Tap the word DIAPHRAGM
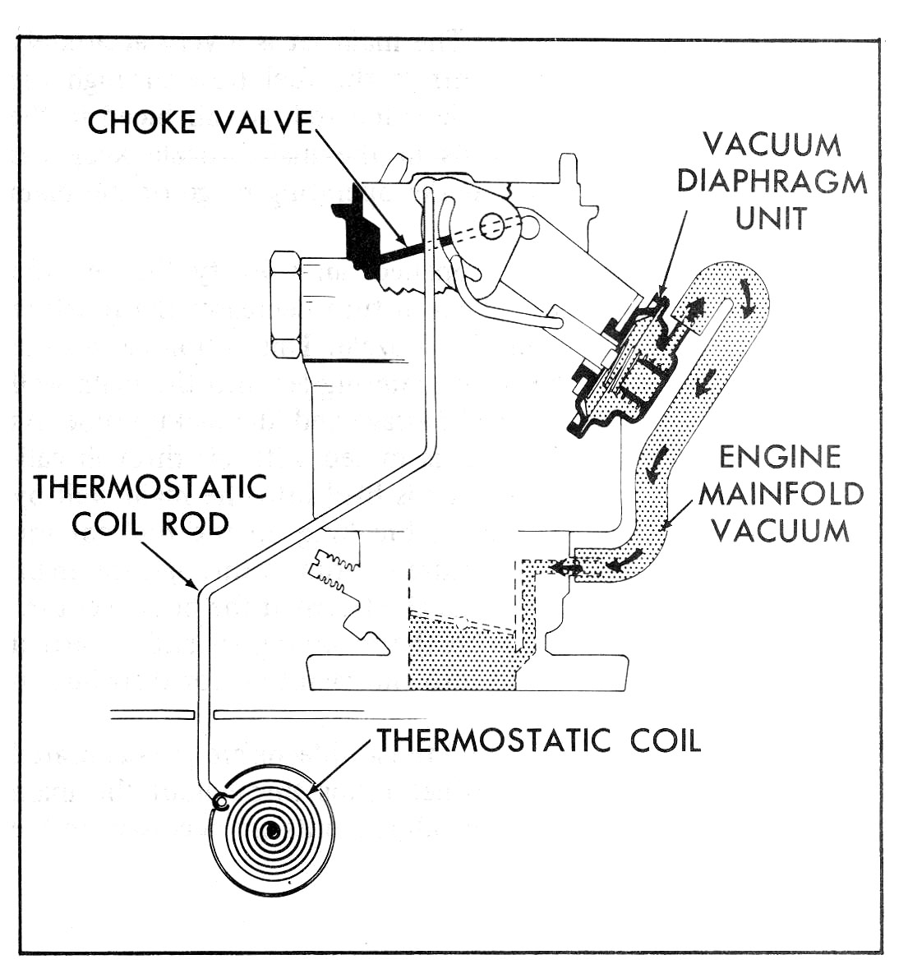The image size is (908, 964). pyautogui.click(x=772, y=182)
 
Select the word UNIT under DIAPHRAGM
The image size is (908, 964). pyautogui.click(x=772, y=218)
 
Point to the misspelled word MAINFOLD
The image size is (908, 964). pyautogui.click(x=781, y=493)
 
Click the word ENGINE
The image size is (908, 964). pyautogui.click(x=780, y=456)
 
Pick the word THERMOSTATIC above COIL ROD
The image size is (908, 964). pyautogui.click(x=150, y=487)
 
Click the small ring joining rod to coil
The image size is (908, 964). pyautogui.click(x=219, y=800)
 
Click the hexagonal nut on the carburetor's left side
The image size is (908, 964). pyautogui.click(x=285, y=305)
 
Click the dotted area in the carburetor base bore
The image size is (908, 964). pyautogui.click(x=460, y=649)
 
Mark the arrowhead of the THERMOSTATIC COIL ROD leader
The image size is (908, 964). pyautogui.click(x=195, y=586)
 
